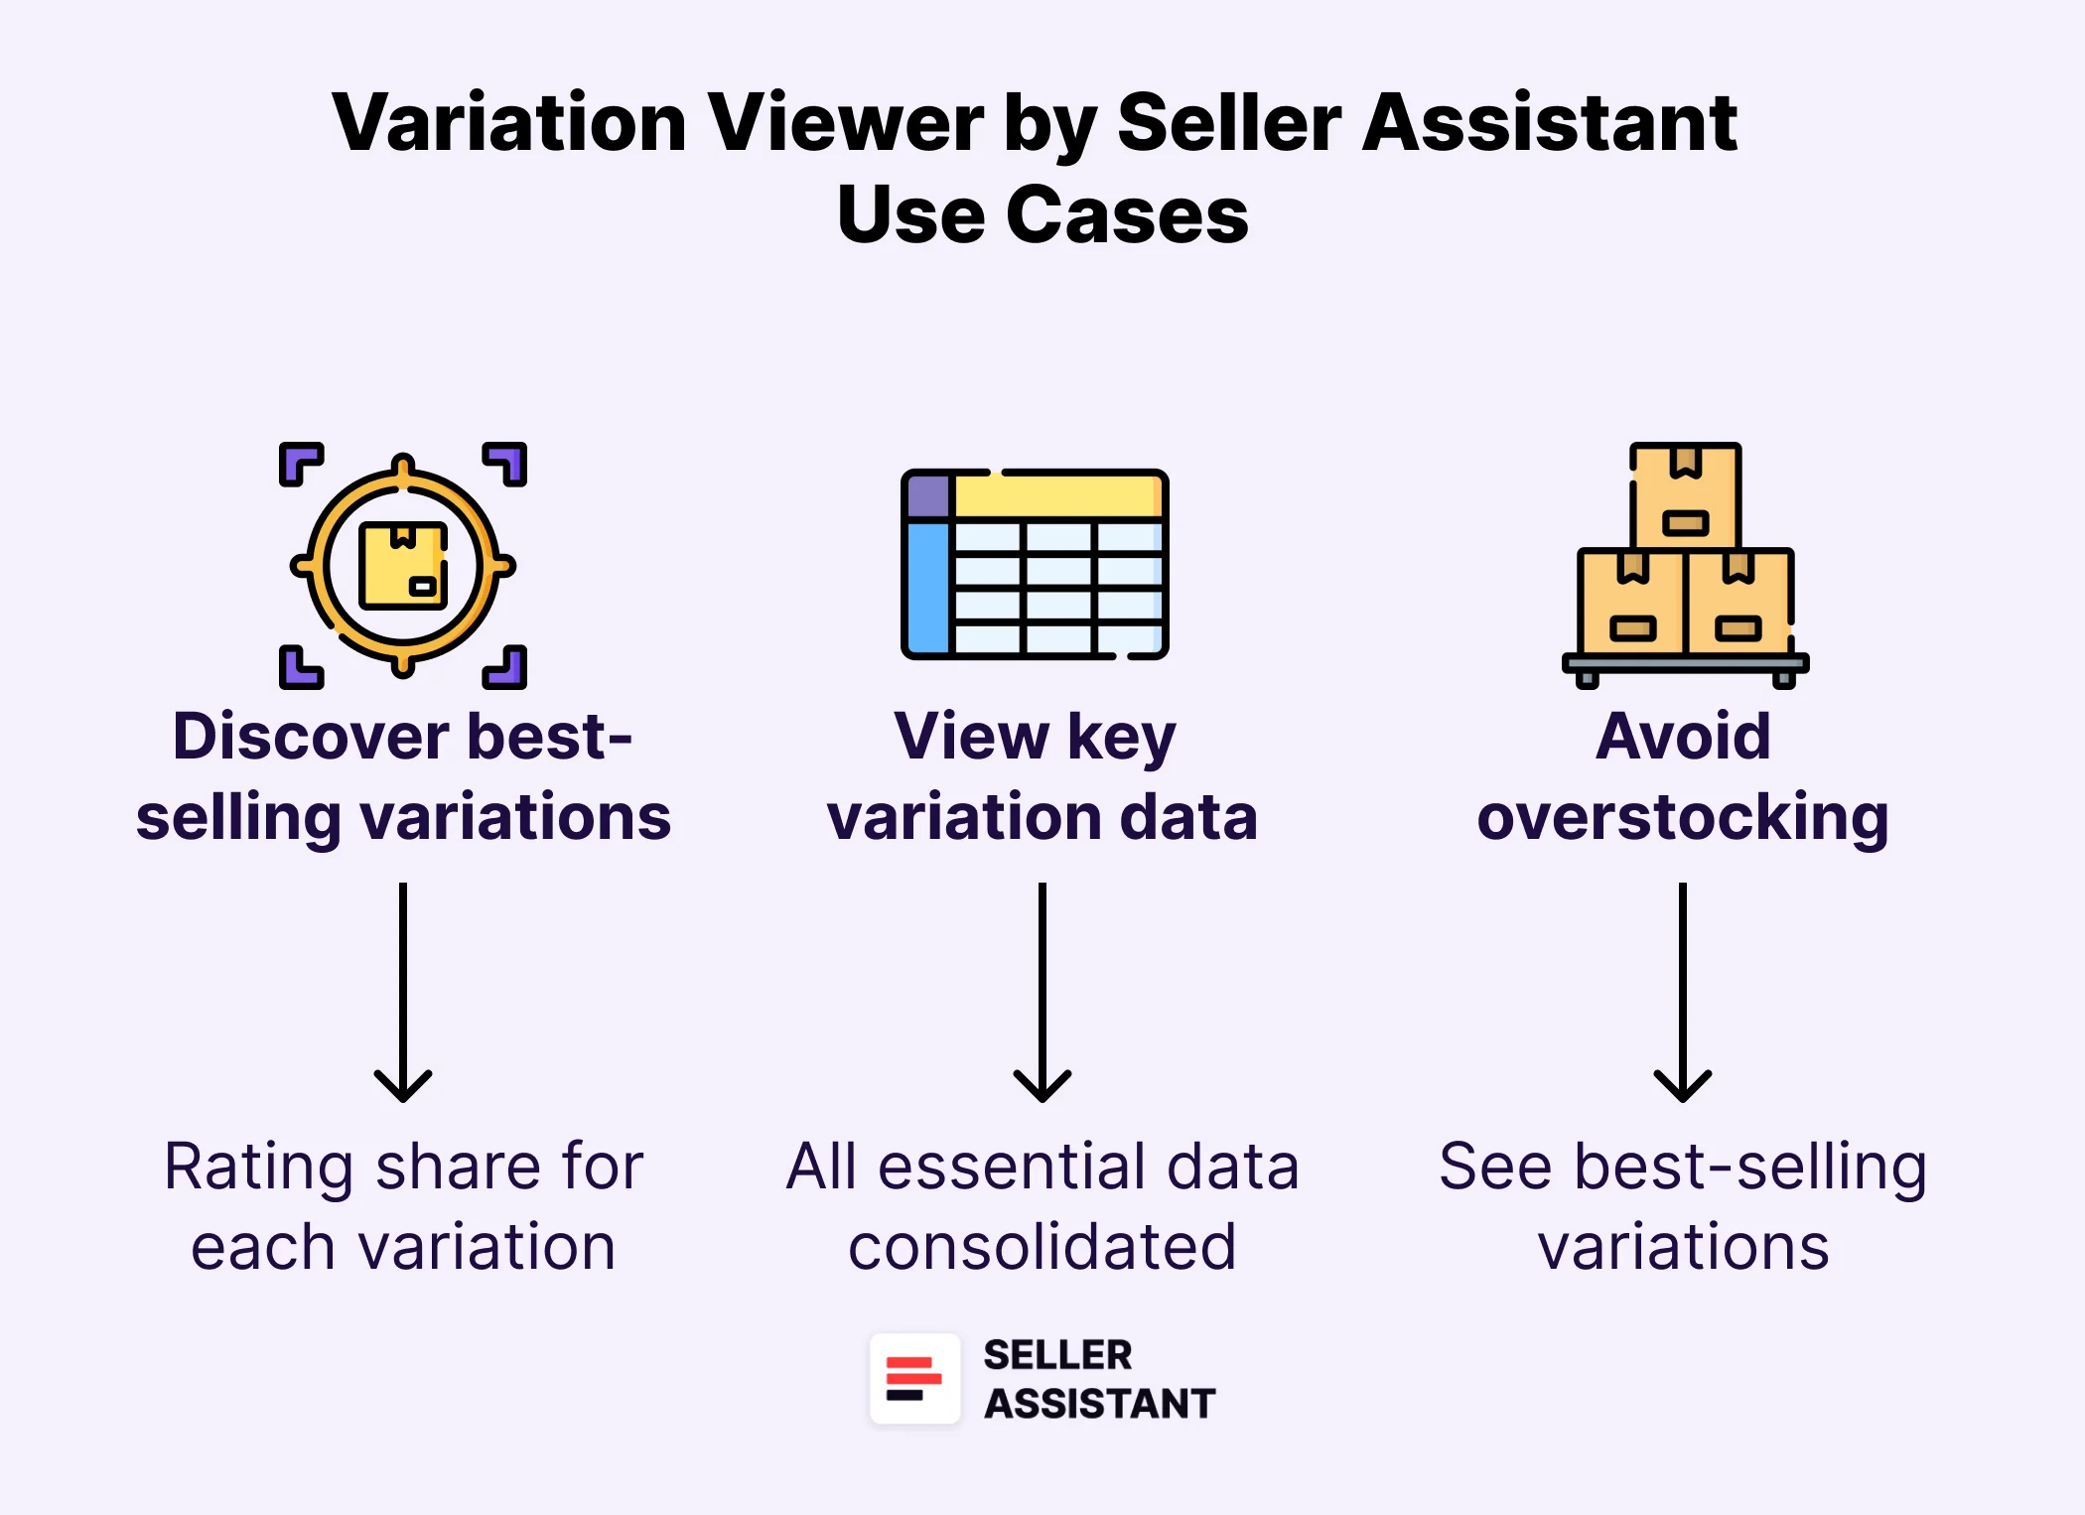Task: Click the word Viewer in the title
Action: tap(844, 123)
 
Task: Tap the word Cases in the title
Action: tap(1127, 214)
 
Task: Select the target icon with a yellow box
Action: tap(403, 565)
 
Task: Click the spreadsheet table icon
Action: tap(1035, 564)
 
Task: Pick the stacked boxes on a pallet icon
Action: tap(1685, 566)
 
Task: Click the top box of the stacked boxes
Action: tap(1686, 494)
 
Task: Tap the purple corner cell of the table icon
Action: tap(928, 496)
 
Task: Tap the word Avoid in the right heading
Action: tap(1683, 737)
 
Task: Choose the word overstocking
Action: tap(1683, 818)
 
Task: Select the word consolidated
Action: tap(1042, 1248)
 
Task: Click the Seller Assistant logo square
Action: tap(914, 1379)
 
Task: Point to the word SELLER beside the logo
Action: tap(1057, 1355)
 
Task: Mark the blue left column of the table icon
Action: tap(928, 586)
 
